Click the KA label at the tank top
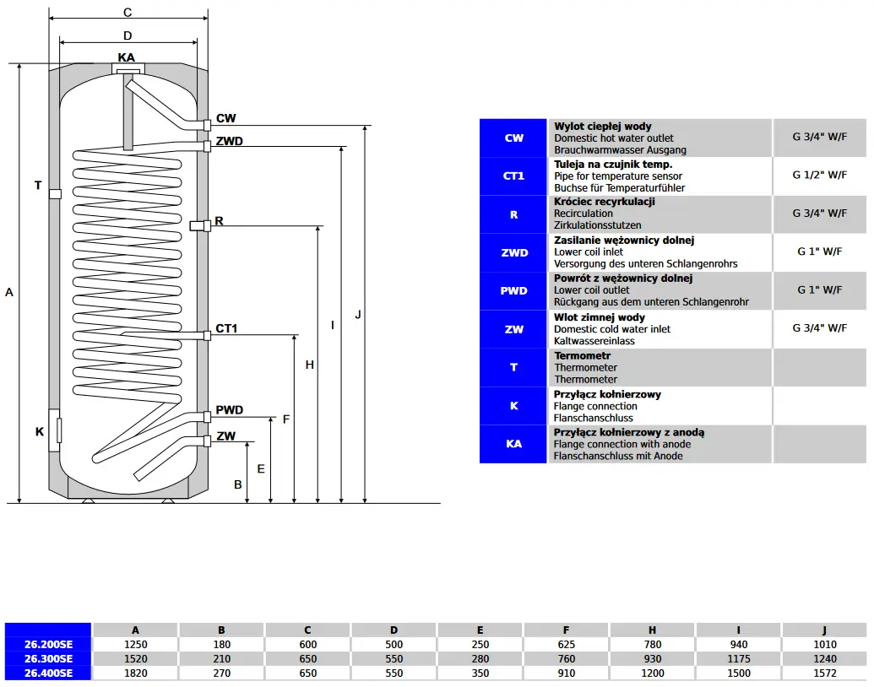pos(127,57)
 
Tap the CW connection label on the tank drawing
pos(225,119)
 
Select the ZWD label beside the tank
pos(229,141)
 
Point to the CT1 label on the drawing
pos(226,328)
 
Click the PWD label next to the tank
pos(229,410)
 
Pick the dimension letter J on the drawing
pos(358,315)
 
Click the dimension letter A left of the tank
pos(9,292)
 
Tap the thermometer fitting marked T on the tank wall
pos(55,193)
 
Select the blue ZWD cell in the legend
pos(513,252)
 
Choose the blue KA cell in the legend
pos(513,444)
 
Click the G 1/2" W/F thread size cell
pos(819,176)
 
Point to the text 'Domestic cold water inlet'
pos(611,329)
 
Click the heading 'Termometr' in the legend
pos(582,356)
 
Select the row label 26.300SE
pos(48,658)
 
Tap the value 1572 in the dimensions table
pos(824,673)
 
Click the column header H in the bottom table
pos(652,630)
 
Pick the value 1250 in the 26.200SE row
pos(135,645)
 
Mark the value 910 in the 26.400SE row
pos(566,673)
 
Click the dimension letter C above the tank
pos(128,13)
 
